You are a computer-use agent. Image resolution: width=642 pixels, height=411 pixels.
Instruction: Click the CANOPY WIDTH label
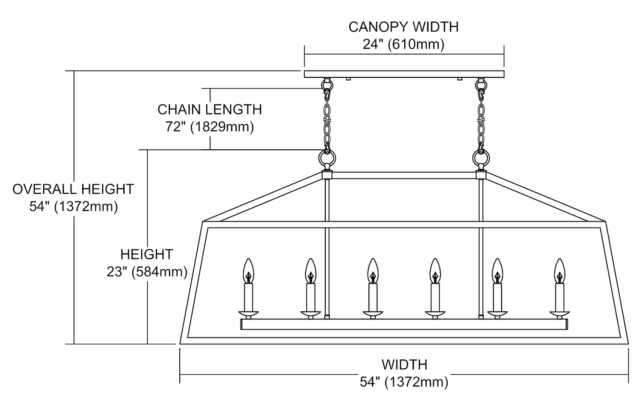pos(403,27)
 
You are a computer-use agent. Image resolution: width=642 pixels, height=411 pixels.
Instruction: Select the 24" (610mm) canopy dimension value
pos(403,44)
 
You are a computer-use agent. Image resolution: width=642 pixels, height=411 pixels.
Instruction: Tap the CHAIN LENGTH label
pos(209,109)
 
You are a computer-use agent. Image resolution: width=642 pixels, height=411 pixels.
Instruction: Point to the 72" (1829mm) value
pos(209,127)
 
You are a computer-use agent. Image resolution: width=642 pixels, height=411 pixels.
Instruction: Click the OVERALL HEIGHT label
pos(73,189)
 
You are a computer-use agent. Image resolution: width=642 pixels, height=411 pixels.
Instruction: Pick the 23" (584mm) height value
pos(147,272)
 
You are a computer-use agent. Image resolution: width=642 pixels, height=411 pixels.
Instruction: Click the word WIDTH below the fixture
pos(404,365)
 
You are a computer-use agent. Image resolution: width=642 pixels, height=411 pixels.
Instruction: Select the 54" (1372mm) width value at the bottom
pos(404,382)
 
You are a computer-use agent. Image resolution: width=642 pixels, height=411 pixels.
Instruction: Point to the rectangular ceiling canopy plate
pos(404,74)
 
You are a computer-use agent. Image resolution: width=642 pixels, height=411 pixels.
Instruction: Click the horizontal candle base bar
pos(404,324)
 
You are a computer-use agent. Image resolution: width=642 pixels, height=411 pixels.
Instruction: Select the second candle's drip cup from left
pos(310,314)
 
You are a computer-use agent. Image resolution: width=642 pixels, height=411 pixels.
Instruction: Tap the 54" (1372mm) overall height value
pos(73,207)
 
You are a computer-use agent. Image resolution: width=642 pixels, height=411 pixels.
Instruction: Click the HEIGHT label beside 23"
pos(146,254)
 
